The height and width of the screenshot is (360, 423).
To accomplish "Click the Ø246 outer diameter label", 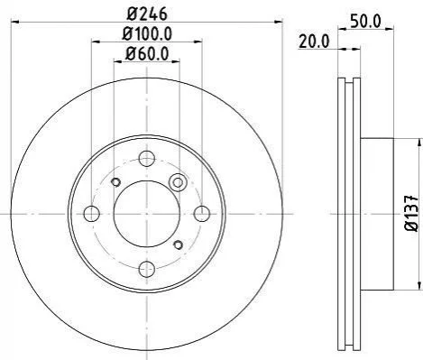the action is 147,14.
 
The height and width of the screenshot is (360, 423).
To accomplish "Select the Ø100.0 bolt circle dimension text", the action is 147,33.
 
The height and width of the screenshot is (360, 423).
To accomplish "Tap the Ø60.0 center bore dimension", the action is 147,54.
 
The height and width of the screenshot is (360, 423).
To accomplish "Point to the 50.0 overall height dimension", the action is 365,22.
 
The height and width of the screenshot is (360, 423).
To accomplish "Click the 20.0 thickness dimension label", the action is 314,42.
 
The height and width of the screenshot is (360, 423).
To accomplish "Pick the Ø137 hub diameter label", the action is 411,213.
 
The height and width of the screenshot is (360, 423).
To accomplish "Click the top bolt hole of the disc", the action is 147,158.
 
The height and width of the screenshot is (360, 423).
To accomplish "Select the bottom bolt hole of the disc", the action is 147,269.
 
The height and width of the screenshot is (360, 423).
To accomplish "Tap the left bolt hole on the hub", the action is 91,214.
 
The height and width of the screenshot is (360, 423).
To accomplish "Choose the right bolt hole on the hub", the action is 202,214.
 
